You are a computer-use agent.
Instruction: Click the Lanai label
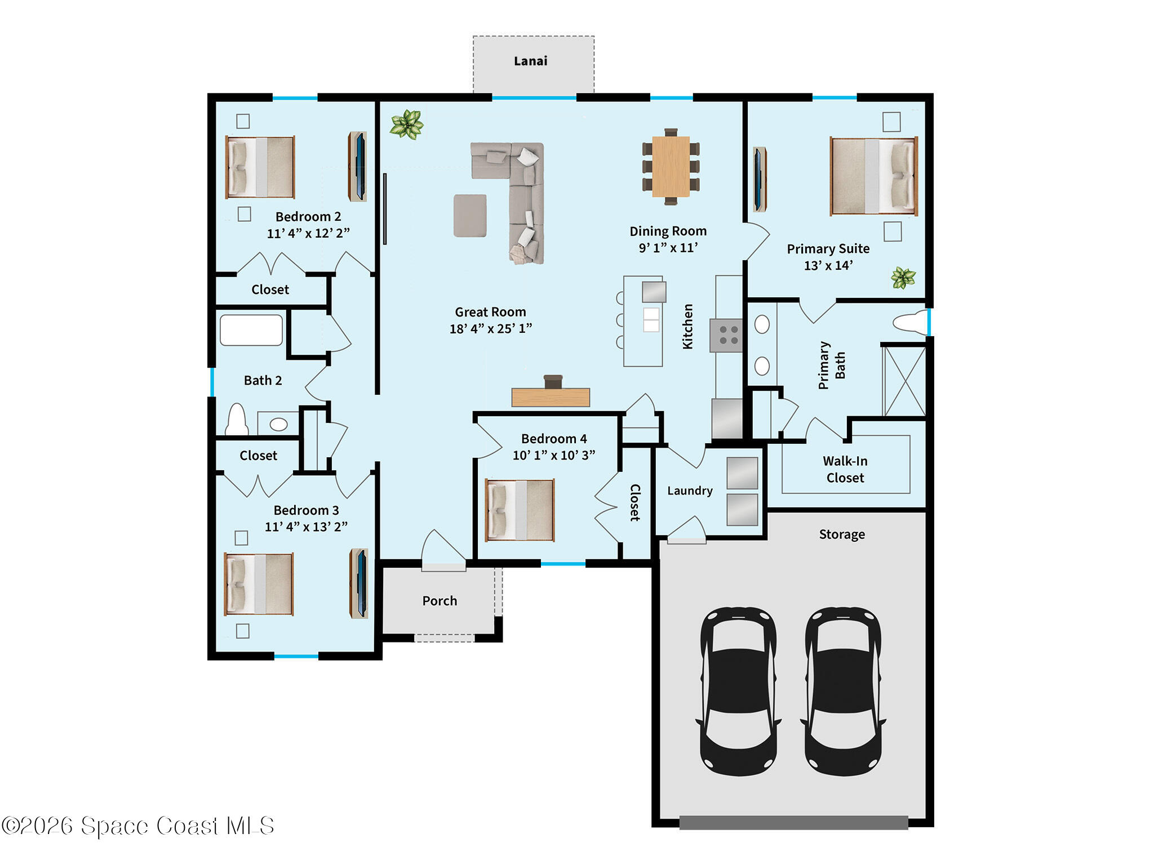click(x=530, y=61)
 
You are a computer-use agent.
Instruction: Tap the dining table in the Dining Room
click(x=671, y=167)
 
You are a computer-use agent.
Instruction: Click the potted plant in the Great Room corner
click(x=406, y=124)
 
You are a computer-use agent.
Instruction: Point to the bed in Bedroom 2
click(x=260, y=167)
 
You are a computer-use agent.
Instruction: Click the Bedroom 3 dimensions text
click(x=306, y=527)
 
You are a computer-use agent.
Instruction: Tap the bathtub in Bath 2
click(x=251, y=330)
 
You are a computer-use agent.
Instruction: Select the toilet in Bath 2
click(x=237, y=420)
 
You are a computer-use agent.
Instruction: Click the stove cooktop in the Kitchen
click(x=726, y=335)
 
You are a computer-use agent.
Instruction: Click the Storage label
click(x=842, y=534)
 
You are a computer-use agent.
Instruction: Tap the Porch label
click(x=440, y=601)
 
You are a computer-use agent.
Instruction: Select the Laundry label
click(x=690, y=491)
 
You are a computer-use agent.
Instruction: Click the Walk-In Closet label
click(x=845, y=469)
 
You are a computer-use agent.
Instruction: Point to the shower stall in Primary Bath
click(x=904, y=381)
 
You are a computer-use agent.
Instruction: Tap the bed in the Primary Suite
click(x=873, y=176)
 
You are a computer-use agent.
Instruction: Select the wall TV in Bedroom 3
click(x=359, y=583)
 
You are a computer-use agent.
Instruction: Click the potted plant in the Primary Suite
click(x=903, y=278)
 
